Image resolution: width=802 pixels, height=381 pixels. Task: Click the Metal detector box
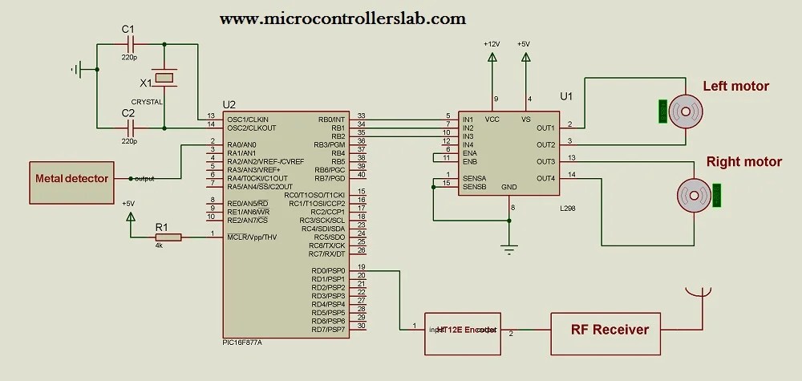tap(71, 178)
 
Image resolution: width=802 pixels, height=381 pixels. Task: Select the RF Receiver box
tap(609, 329)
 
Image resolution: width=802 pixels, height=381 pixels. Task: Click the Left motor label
tap(735, 87)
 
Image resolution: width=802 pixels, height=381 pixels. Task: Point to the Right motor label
tap(743, 162)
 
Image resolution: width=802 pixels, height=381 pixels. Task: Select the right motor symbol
tap(691, 193)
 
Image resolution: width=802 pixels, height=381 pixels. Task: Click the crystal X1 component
tap(164, 79)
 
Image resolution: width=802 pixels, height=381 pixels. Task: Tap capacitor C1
tap(128, 44)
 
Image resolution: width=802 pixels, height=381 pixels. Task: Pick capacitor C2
tap(128, 128)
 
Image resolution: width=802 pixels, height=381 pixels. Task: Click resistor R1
tap(168, 237)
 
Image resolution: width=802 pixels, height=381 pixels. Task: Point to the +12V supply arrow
tap(491, 58)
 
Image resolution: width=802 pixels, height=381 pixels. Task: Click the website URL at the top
tap(342, 17)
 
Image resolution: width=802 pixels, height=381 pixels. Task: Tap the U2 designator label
tap(229, 105)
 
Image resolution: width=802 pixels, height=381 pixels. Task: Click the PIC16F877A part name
tap(242, 342)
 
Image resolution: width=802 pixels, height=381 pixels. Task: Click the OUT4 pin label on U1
tap(545, 177)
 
